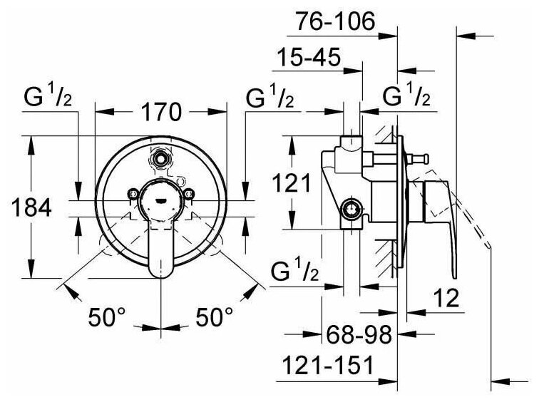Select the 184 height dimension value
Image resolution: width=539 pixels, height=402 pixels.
pyautogui.click(x=32, y=208)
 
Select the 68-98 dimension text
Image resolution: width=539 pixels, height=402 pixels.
pyautogui.click(x=354, y=335)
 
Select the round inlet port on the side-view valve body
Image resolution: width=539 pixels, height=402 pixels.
pyautogui.click(x=349, y=210)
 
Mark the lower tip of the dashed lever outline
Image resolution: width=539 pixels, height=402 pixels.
pyautogui.click(x=490, y=245)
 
